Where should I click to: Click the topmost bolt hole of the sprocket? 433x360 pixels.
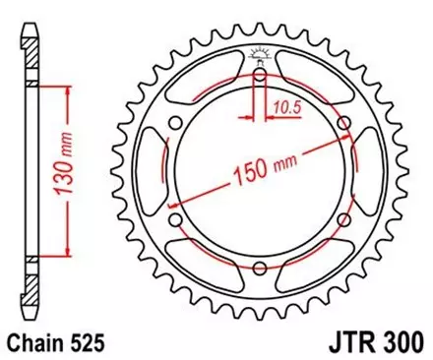[x=259, y=76]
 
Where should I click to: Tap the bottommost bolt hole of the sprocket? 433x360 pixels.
[x=259, y=270]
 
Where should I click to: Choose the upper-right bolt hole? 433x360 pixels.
[x=342, y=124]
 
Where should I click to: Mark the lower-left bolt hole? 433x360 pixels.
[x=175, y=221]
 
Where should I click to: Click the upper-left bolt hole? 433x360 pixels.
[x=175, y=124]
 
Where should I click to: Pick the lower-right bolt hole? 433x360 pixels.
[x=342, y=221]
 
